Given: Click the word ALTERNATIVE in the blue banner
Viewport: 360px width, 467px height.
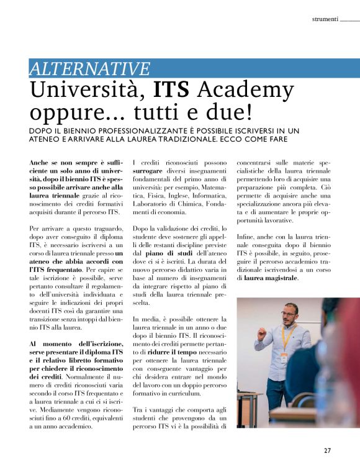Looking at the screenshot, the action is [x=90, y=69].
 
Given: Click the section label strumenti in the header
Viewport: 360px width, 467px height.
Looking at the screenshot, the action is [x=325, y=19].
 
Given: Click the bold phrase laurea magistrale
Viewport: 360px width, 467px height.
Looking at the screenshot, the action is [x=271, y=278].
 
